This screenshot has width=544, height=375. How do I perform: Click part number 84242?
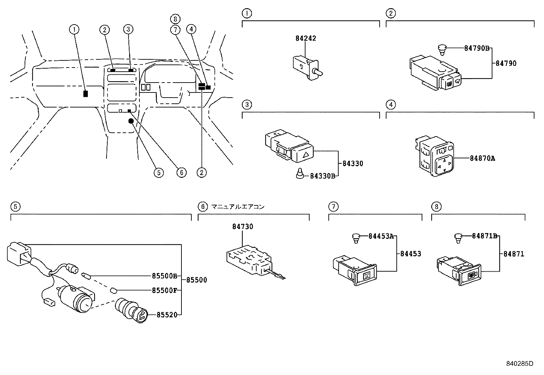(x=305, y=38)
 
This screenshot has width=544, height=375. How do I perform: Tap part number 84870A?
(x=482, y=158)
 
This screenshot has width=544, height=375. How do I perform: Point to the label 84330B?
(x=323, y=176)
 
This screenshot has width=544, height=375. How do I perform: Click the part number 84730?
(x=243, y=227)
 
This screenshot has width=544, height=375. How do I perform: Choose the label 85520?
(x=167, y=315)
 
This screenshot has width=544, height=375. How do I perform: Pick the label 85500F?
(x=164, y=290)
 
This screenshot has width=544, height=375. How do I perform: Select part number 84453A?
(x=381, y=236)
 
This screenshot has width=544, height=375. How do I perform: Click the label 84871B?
(x=485, y=236)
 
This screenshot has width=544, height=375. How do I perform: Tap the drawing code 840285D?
(x=519, y=363)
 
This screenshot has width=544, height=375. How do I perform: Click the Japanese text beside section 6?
(x=238, y=207)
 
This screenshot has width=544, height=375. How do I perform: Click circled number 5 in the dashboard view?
(x=158, y=173)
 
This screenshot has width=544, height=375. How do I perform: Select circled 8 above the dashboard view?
(x=175, y=19)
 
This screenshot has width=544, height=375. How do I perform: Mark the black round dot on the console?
(x=131, y=121)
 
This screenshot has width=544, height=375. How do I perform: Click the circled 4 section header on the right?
(x=391, y=104)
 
